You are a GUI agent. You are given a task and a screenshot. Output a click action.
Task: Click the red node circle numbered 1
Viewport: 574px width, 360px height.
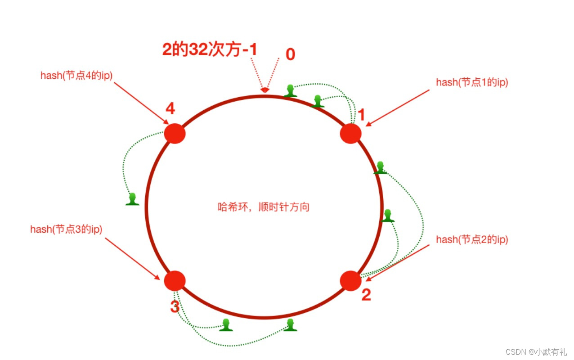coord(350,133)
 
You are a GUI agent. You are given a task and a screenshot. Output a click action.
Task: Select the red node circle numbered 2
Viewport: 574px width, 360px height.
coord(350,280)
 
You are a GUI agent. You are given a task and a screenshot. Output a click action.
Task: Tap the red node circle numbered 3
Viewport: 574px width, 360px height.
coord(175,280)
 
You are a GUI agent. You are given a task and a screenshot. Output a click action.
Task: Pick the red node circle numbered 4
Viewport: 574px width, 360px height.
coord(175,133)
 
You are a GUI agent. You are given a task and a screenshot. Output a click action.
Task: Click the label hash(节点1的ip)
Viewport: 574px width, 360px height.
coord(472,82)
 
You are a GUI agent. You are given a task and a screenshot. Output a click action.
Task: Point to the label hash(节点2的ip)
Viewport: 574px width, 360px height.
coord(472,240)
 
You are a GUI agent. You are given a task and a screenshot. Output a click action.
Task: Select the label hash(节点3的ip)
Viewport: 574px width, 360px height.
coord(66,229)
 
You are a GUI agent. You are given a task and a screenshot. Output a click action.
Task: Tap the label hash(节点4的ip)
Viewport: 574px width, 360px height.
coord(76,75)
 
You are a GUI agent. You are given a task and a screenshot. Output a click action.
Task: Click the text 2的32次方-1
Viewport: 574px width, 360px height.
coord(210,49)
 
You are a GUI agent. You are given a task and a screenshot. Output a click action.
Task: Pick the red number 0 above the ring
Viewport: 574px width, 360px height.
coord(291,54)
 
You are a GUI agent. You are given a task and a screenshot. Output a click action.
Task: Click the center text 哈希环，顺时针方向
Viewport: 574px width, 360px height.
coord(264,207)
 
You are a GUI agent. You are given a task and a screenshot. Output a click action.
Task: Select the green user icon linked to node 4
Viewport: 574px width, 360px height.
coord(132,199)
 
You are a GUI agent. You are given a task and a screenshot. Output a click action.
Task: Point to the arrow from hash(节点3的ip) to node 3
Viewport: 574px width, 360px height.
coord(132,258)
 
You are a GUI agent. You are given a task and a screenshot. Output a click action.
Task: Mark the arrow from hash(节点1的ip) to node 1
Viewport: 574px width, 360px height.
coord(398,108)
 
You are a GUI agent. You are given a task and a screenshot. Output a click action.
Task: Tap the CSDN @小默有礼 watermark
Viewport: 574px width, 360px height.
coord(537,351)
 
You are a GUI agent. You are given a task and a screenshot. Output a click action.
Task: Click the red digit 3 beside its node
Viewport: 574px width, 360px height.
coord(175,307)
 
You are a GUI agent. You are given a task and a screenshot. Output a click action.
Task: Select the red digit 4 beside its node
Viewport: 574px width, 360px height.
coord(170,109)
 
